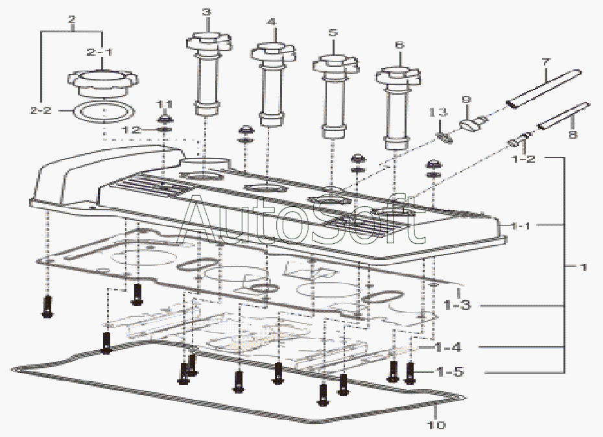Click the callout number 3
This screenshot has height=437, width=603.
coord(206,12)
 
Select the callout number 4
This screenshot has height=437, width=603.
coord(272,21)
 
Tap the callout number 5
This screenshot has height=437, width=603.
coord(333,32)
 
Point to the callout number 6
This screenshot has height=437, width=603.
coord(399,45)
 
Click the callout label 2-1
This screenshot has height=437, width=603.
coord(100,50)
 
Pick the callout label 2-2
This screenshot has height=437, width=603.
coord(40,111)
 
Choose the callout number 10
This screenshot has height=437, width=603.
coord(436,425)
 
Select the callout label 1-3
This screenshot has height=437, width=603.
coord(456,305)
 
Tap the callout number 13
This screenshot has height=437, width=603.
coord(440,113)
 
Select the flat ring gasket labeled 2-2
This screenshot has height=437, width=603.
coord(102,111)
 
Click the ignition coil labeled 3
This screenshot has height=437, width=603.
coord(207,71)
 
